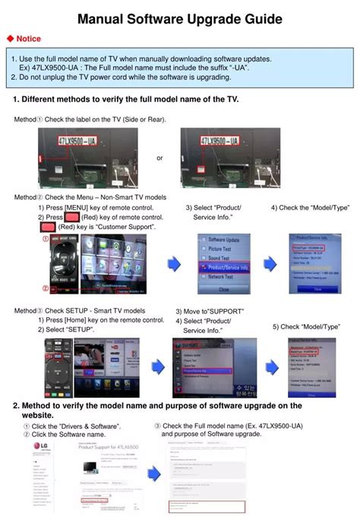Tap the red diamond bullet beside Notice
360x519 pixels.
tap(10, 38)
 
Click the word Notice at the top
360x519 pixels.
tap(29, 38)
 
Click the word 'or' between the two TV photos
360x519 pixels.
tap(159, 158)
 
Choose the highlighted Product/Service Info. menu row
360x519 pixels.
tap(225, 268)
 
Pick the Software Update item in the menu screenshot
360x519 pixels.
tap(224, 240)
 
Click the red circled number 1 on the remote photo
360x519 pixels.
tap(45, 239)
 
